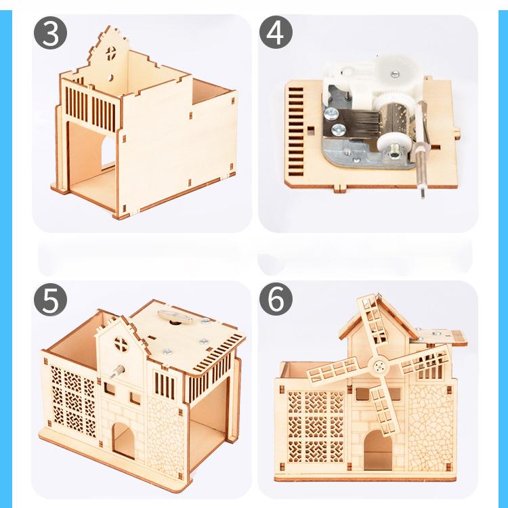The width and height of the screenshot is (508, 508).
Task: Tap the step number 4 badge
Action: (x=275, y=34)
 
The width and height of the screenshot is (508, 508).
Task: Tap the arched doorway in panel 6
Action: (x=377, y=450)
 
